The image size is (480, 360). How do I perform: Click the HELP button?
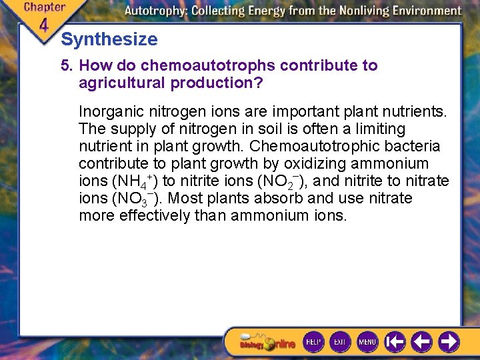313,342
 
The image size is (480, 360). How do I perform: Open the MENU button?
367,342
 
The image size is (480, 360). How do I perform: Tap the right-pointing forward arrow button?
449,342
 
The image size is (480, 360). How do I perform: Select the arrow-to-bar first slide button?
395,342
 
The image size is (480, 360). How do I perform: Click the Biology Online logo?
267,343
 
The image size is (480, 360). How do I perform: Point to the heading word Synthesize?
109,39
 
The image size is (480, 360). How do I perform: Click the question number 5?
65,65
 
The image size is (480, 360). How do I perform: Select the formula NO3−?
133,199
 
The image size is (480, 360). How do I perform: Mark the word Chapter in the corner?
44,7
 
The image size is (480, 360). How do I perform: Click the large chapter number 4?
43,25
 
